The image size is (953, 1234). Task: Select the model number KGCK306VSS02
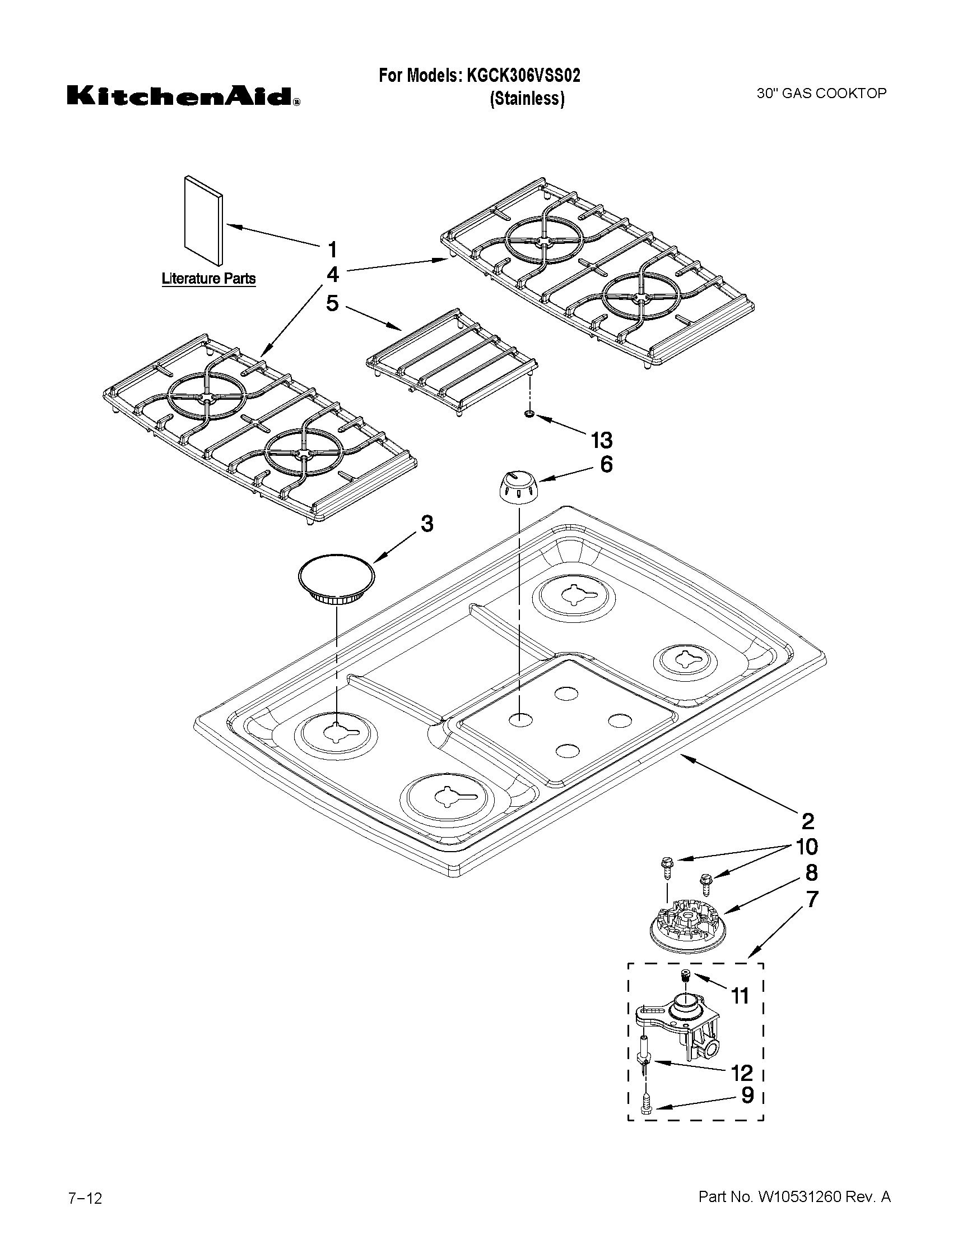pos(523,75)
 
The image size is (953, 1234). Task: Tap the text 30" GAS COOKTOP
pos(821,94)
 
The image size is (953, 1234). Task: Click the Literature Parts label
pos(208,279)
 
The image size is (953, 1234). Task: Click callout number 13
pos(601,439)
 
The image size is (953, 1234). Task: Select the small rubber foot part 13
pos(529,415)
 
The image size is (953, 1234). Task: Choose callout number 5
pos(333,303)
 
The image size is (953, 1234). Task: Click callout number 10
pos(807,847)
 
